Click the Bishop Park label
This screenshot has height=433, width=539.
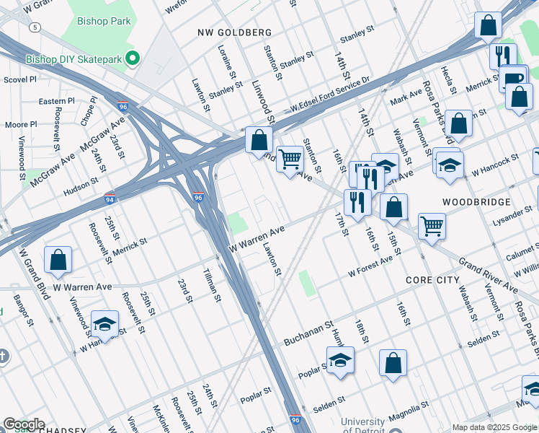coord(105,21)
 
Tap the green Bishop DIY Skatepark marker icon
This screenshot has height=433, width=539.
coord(132,58)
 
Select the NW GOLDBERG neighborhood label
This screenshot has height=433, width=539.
coord(234,32)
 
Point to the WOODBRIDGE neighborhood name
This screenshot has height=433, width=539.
coord(476,202)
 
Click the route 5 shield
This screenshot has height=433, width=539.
coord(34,27)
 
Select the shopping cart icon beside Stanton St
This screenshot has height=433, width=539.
coord(290,158)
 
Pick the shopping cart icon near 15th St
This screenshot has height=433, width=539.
coord(432,225)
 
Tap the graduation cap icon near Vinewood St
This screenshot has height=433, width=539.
coord(104,323)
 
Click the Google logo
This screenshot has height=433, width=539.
coord(24,424)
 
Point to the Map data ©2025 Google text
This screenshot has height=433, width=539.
coord(494,427)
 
